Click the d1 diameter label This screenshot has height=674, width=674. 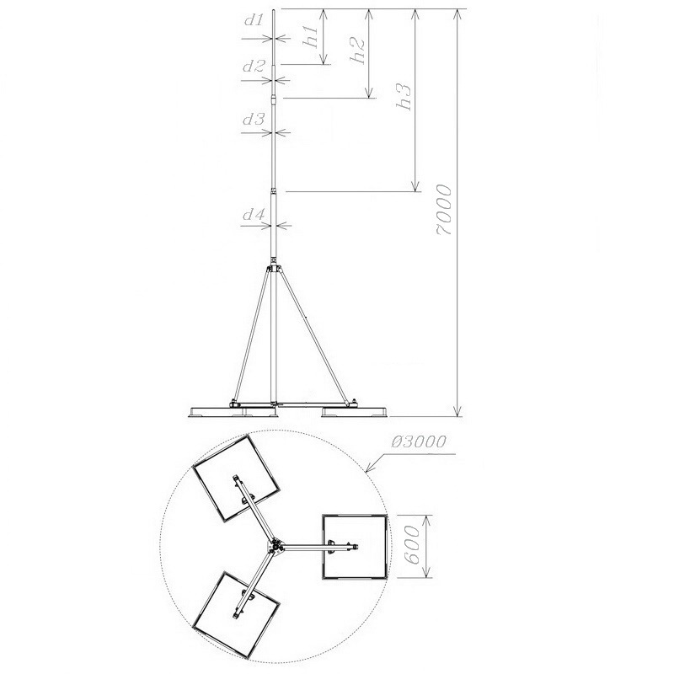pos(254,20)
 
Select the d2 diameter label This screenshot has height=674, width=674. pos(254,67)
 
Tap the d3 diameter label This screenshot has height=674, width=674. pos(254,119)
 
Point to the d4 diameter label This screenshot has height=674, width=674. pos(254,214)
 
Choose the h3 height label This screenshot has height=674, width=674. pos(404,96)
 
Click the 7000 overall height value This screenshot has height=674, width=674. pos(445,210)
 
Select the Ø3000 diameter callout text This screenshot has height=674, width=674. pos(419,441)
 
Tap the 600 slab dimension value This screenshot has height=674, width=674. pos(412,545)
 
